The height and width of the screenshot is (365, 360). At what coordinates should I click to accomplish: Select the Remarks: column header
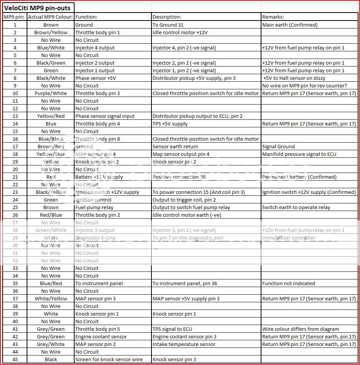pyautogui.click(x=273, y=17)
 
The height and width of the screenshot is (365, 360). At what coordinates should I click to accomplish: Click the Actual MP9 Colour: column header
pyautogui.click(x=51, y=17)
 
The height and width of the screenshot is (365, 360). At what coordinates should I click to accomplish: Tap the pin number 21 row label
pyautogui.click(x=15, y=177)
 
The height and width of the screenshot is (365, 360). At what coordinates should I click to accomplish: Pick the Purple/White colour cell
pyautogui.click(x=51, y=93)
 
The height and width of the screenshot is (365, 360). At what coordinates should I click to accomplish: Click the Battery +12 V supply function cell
pyautogui.click(x=99, y=177)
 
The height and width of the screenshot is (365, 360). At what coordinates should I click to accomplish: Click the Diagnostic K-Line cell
pyautogui.click(x=95, y=238)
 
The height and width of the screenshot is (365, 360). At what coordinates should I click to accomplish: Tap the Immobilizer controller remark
pyautogui.click(x=288, y=238)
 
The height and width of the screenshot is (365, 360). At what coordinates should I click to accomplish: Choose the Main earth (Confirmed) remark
pyautogui.click(x=290, y=25)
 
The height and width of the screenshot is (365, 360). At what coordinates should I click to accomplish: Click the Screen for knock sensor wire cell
pyautogui.click(x=109, y=359)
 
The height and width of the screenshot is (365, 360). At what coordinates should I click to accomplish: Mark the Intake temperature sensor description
pyautogui.click(x=184, y=344)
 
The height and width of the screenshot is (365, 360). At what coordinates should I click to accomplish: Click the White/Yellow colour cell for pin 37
pyautogui.click(x=51, y=298)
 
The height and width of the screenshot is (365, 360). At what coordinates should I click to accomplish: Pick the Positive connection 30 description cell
pyautogui.click(x=179, y=177)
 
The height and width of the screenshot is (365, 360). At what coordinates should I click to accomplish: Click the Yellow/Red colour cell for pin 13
pyautogui.click(x=51, y=116)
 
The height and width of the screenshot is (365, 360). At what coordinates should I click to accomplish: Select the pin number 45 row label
pyautogui.click(x=15, y=359)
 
